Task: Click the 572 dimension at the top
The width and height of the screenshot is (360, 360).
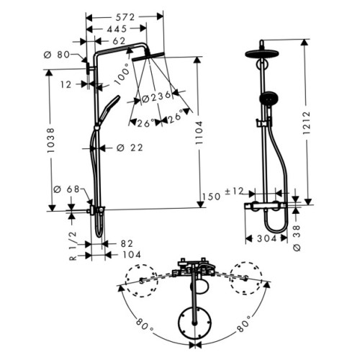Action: pyautogui.click(x=125, y=17)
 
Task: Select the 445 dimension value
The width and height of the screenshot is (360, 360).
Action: pyautogui.click(x=117, y=29)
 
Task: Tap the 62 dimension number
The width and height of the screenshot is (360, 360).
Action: pyautogui.click(x=119, y=41)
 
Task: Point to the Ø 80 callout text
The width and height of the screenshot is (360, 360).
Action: pyautogui.click(x=57, y=55)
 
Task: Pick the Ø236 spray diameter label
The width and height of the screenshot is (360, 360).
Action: pyautogui.click(x=156, y=97)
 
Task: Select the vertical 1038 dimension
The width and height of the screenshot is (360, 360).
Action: pyautogui.click(x=51, y=140)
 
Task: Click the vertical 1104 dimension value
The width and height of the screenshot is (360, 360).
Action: pyautogui.click(x=199, y=132)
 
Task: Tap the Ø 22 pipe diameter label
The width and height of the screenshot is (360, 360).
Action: pyautogui.click(x=130, y=148)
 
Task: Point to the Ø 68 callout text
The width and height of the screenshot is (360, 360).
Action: pyautogui.click(x=66, y=189)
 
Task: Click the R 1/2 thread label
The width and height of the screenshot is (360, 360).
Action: pyautogui.click(x=73, y=246)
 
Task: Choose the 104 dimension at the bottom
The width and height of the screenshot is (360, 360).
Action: pyautogui.click(x=132, y=255)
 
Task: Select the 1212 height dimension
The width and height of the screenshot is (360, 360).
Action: pyautogui.click(x=307, y=122)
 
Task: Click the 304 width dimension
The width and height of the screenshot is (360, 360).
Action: pyautogui.click(x=267, y=238)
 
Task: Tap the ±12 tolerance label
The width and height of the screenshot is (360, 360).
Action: pyautogui.click(x=234, y=192)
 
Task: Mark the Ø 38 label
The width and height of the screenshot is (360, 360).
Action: pyautogui.click(x=297, y=238)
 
